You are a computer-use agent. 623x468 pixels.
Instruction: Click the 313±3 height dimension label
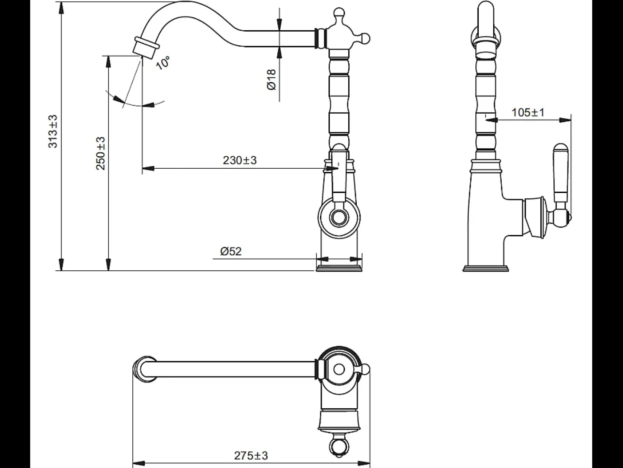pyautogui.click(x=53, y=132)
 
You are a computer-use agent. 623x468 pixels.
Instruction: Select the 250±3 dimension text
pyautogui.click(x=100, y=154)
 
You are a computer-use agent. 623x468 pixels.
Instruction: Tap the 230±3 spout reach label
pyautogui.click(x=240, y=161)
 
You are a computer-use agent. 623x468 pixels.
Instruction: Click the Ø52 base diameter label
pyautogui.click(x=231, y=252)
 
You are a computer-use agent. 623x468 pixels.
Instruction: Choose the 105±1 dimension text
pyautogui.click(x=528, y=112)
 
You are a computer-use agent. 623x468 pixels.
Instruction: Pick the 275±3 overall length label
pyautogui.click(x=251, y=456)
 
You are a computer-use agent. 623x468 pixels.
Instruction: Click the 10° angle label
pyautogui.click(x=163, y=63)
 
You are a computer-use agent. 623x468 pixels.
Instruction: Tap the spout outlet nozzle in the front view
pyautogui.click(x=146, y=48)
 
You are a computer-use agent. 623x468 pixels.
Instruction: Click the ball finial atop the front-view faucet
pyautogui.click(x=339, y=12)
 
